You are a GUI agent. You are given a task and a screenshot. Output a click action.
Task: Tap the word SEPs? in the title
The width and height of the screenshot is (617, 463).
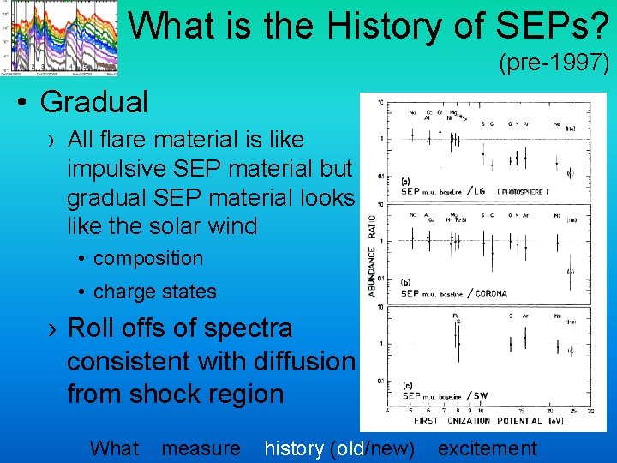(x=557, y=26)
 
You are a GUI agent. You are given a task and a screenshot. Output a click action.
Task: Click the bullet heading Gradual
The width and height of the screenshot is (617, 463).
(x=94, y=102)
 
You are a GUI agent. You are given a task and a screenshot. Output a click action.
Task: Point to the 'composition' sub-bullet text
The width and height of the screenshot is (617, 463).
(x=148, y=258)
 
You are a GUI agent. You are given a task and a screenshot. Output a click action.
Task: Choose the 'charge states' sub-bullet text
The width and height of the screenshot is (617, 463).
(x=155, y=292)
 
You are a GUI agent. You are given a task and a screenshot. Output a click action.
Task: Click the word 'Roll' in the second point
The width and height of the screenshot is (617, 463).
(x=94, y=328)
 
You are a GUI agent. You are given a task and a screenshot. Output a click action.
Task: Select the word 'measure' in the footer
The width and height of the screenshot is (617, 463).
(x=201, y=448)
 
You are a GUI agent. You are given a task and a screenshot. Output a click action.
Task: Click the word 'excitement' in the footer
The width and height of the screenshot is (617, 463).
(x=488, y=448)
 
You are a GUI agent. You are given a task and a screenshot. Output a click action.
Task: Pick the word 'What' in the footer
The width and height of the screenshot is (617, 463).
(x=114, y=448)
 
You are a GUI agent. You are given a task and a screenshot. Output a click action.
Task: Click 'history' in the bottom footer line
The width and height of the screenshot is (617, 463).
(x=294, y=448)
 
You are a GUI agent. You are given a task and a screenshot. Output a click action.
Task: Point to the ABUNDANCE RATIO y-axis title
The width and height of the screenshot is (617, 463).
(x=372, y=256)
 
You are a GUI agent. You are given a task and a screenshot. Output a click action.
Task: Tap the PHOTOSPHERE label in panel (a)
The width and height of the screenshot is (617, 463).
(x=524, y=191)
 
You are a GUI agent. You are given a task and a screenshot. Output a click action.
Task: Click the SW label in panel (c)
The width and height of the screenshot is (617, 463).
(x=478, y=394)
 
